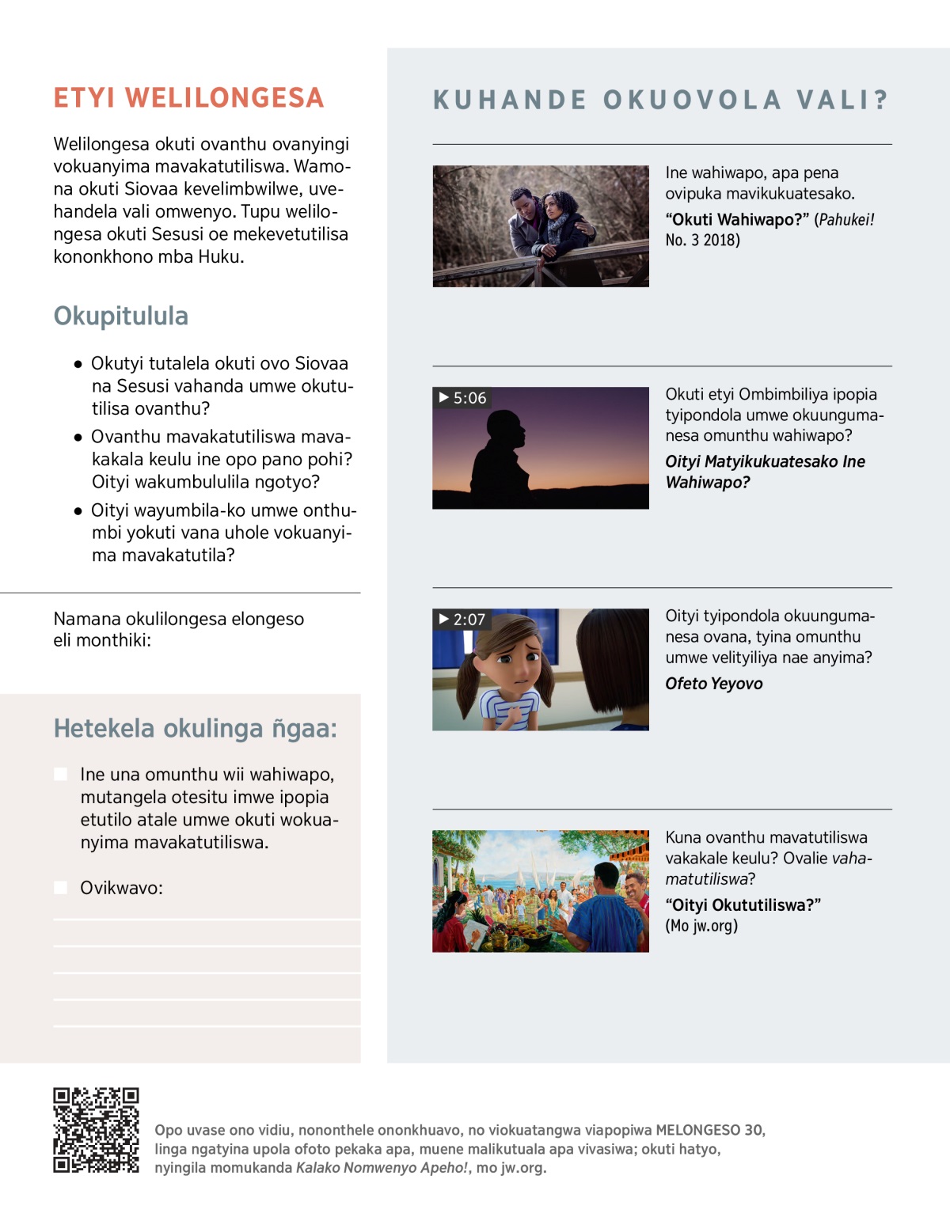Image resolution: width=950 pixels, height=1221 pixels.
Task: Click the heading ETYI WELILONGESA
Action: coord(188,98)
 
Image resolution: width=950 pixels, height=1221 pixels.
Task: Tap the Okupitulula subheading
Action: coord(121,316)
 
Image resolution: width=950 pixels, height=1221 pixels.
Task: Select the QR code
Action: coord(96,1130)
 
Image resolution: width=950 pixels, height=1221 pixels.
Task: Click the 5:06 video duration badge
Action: coord(463,398)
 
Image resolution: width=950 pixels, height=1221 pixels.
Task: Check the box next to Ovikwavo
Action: coord(60,888)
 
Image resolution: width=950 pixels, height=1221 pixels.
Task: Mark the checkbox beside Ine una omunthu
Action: coord(60,774)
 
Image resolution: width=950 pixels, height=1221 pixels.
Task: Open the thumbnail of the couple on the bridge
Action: coord(541,226)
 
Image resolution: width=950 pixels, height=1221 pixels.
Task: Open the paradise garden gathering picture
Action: coord(541,890)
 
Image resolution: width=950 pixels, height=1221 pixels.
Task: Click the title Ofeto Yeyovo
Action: coord(713,684)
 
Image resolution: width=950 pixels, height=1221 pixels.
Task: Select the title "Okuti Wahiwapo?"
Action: coord(737,220)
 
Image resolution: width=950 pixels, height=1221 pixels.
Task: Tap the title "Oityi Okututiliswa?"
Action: coord(743,905)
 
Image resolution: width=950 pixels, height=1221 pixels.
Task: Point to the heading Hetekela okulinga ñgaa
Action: coord(195,728)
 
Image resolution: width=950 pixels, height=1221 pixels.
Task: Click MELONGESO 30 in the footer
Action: coord(709,1130)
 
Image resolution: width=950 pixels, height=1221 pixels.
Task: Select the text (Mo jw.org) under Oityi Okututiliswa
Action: coord(701,926)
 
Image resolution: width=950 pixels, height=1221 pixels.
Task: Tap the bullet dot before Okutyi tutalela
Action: coord(78,365)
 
